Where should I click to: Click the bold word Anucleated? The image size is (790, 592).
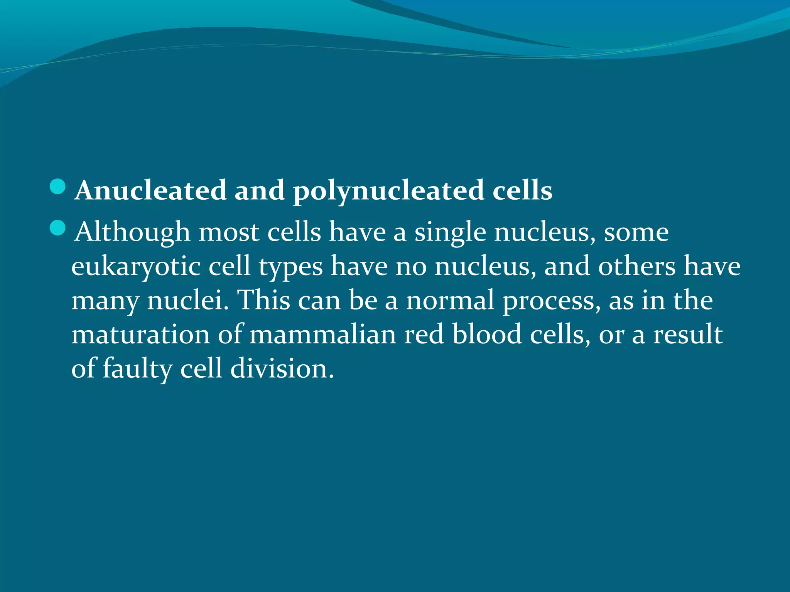click(x=150, y=190)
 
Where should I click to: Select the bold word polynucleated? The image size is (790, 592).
click(x=388, y=191)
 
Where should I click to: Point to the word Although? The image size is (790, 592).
click(x=132, y=232)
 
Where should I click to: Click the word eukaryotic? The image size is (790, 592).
click(x=136, y=267)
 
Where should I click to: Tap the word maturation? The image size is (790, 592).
click(x=140, y=334)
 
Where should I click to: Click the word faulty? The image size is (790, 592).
click(x=137, y=368)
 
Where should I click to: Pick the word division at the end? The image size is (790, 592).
click(x=282, y=368)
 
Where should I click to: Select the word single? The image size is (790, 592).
click(x=450, y=232)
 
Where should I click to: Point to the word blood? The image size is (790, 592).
click(x=487, y=334)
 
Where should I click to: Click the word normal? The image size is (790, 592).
click(x=450, y=300)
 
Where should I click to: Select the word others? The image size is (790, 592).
click(x=637, y=266)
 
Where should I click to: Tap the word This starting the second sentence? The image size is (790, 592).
click(x=263, y=300)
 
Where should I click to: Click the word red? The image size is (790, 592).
click(x=424, y=334)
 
